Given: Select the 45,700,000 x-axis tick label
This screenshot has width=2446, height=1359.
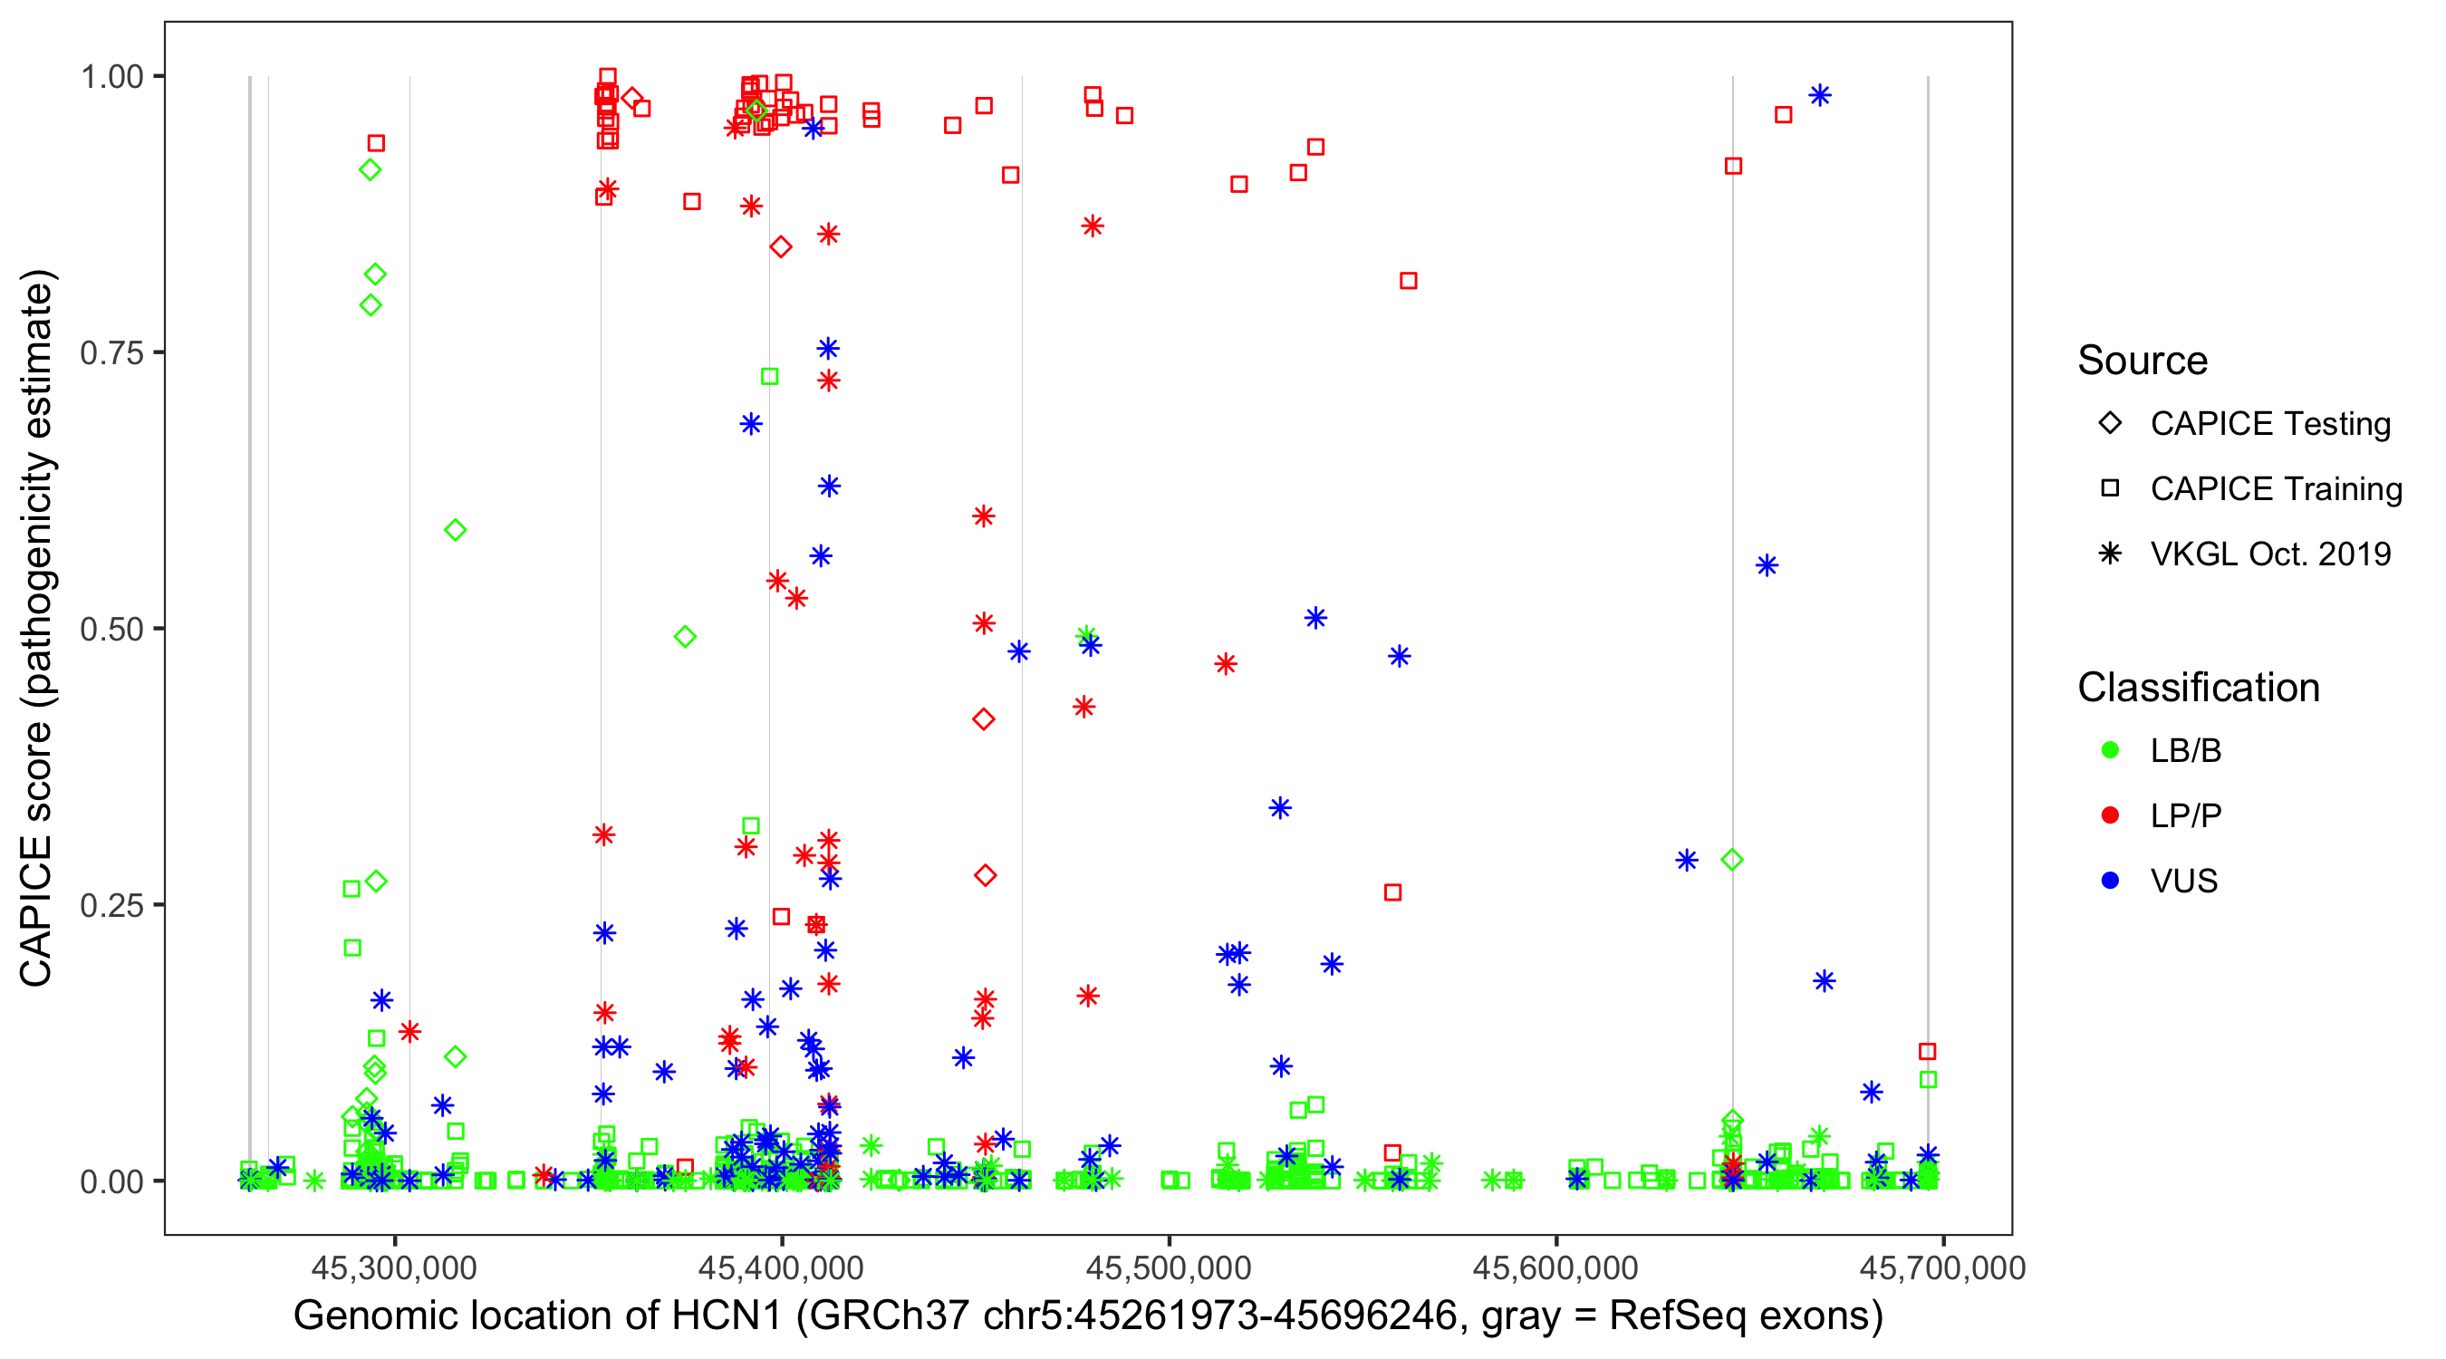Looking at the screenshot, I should [x=1941, y=1267].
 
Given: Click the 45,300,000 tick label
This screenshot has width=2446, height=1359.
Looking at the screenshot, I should [x=394, y=1267].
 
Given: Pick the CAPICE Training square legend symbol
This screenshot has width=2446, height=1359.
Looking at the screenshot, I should [x=2110, y=488].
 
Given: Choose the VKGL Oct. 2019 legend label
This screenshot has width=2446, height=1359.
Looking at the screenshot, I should [x=2270, y=554].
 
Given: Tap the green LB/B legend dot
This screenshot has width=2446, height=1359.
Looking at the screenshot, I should [x=2110, y=750].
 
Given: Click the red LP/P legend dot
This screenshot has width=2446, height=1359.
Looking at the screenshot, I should [x=2110, y=815].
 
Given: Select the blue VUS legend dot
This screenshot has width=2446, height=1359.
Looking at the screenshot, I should [x=2110, y=881].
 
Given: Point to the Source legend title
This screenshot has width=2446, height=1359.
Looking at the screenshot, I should [x=2143, y=361].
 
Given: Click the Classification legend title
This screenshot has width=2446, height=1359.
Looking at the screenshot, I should [x=2198, y=688].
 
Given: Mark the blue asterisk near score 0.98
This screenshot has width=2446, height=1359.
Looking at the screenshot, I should [x=1819, y=95].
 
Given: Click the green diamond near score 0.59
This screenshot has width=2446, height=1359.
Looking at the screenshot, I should [x=455, y=530].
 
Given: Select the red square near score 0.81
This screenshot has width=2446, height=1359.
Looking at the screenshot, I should [x=1408, y=281].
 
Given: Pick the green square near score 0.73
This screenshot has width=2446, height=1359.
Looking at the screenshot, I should [x=769, y=377].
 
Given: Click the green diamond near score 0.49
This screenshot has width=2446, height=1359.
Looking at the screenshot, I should [x=685, y=636].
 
